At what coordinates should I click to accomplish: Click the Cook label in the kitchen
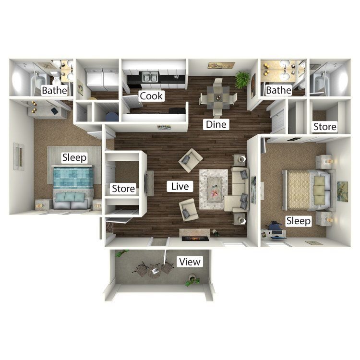pyautogui.click(x=151, y=96)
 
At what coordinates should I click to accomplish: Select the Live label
pyautogui.click(x=180, y=186)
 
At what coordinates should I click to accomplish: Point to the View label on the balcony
pyautogui.click(x=189, y=262)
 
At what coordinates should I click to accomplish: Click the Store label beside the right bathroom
pyautogui.click(x=324, y=127)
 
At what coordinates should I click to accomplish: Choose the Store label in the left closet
pyautogui.click(x=123, y=189)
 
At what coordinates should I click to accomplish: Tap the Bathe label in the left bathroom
pyautogui.click(x=55, y=90)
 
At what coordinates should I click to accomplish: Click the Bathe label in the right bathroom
pyautogui.click(x=278, y=90)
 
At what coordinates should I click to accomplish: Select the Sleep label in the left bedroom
pyautogui.click(x=74, y=157)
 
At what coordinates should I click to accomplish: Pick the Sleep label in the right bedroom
pyautogui.click(x=299, y=221)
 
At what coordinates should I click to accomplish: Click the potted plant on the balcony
pyautogui.click(x=192, y=280)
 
